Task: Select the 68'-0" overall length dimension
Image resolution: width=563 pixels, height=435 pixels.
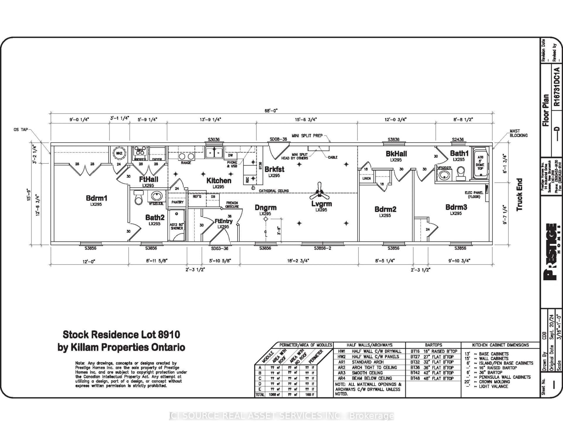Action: pyautogui.click(x=271, y=111)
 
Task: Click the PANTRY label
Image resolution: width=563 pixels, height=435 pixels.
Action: pyautogui.click(x=177, y=202)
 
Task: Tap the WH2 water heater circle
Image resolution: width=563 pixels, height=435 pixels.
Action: pyautogui.click(x=119, y=153)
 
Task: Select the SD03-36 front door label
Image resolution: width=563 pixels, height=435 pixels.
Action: pyautogui.click(x=220, y=248)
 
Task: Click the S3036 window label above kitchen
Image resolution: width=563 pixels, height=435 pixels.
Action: pyautogui.click(x=214, y=139)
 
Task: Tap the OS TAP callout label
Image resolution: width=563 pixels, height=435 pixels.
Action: pyautogui.click(x=21, y=130)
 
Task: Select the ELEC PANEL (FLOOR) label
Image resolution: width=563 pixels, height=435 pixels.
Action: pyautogui.click(x=474, y=195)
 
